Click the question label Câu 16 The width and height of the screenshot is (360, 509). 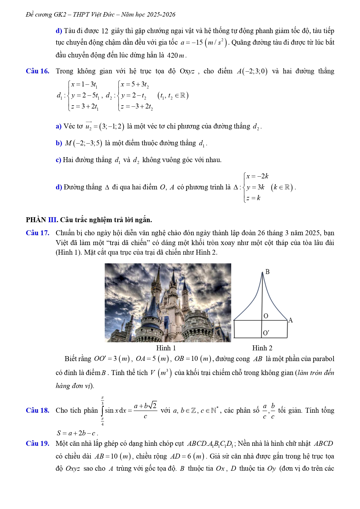click(37, 71)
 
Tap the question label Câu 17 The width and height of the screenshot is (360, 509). click(37, 233)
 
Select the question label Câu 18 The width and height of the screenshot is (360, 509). click(37, 410)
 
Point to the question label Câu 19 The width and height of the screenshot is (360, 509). click(37, 443)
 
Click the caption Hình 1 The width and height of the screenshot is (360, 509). click(166, 348)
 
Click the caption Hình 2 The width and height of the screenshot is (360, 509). click(262, 348)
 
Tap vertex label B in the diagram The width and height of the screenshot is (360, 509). click(267, 272)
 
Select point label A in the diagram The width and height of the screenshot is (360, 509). click(290, 320)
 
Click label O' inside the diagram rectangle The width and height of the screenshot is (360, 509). click(266, 333)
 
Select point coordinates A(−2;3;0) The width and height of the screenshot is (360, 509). click(252, 71)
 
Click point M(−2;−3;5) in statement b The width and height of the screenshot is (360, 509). click(84, 143)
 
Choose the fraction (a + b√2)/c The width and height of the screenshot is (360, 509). click(145, 410)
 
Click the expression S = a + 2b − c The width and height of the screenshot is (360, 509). click(77, 433)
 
